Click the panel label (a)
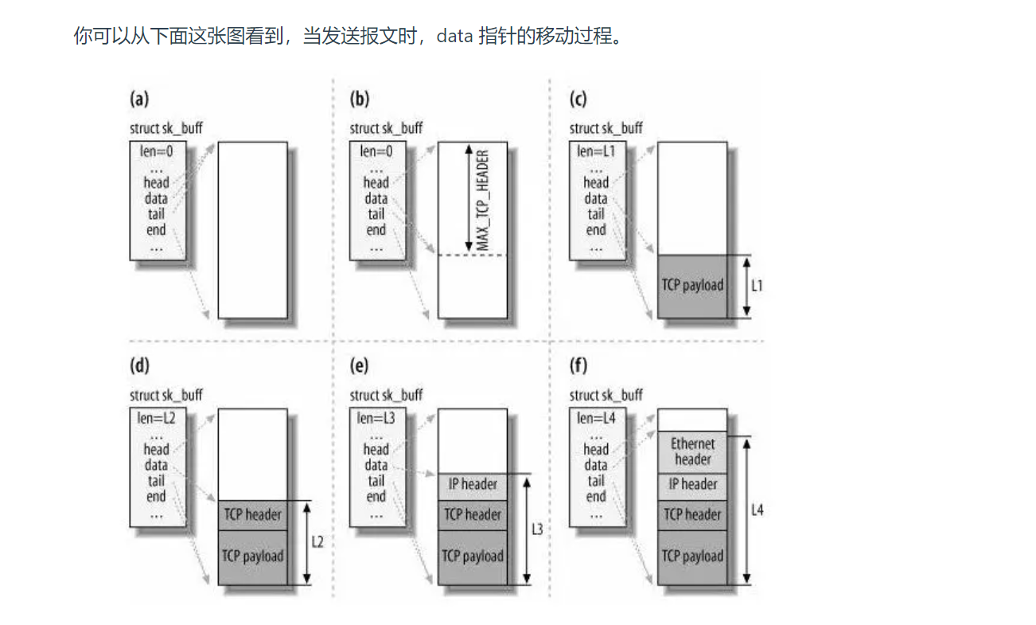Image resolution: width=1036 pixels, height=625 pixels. click(x=138, y=100)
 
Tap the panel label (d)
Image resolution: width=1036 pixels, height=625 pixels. click(x=138, y=366)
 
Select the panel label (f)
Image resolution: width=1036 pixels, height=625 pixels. click(x=578, y=366)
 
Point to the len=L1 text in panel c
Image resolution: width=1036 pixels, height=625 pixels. click(x=596, y=151)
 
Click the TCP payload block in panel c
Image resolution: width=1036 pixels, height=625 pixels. click(x=692, y=285)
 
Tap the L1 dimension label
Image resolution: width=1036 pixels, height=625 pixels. click(x=757, y=284)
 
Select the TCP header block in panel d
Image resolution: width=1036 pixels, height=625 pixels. click(x=252, y=515)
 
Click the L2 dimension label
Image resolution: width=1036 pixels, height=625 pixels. click(x=317, y=541)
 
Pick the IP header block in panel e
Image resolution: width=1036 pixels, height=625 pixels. click(x=473, y=484)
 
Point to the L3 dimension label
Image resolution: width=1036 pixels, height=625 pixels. click(x=537, y=529)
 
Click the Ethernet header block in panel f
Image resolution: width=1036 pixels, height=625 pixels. click(x=692, y=451)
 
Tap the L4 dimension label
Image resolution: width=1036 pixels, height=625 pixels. click(x=758, y=510)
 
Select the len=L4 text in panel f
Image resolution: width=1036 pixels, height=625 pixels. click(x=596, y=418)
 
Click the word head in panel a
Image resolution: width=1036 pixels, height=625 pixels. click(x=156, y=182)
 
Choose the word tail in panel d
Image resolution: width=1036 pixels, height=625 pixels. click(x=156, y=481)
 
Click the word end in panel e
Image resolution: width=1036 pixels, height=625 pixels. click(x=376, y=497)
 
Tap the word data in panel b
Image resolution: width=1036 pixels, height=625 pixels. click(x=376, y=198)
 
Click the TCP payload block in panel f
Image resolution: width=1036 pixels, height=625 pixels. click(x=692, y=556)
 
